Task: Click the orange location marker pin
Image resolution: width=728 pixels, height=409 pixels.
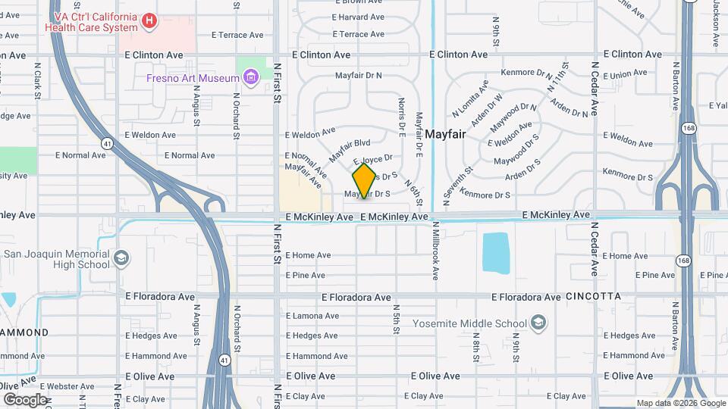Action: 365,180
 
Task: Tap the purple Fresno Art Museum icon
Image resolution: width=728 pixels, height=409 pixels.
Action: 250,77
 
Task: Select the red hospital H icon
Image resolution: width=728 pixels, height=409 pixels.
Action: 149,21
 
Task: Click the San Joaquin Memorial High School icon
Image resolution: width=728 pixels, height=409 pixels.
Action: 121,260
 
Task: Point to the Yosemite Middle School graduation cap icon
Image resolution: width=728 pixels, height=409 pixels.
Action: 538,323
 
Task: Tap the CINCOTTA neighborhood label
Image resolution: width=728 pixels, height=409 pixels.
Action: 593,296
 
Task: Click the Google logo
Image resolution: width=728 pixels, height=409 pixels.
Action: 25,399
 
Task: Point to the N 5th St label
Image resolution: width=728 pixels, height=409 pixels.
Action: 396,321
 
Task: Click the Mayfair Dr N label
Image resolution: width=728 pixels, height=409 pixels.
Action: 359,76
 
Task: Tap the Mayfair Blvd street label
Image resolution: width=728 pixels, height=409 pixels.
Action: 350,150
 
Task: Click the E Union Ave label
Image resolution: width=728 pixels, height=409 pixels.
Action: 628,74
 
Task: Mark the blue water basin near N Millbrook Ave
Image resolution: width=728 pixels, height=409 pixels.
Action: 496,252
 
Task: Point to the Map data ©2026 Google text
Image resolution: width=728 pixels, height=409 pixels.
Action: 680,403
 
